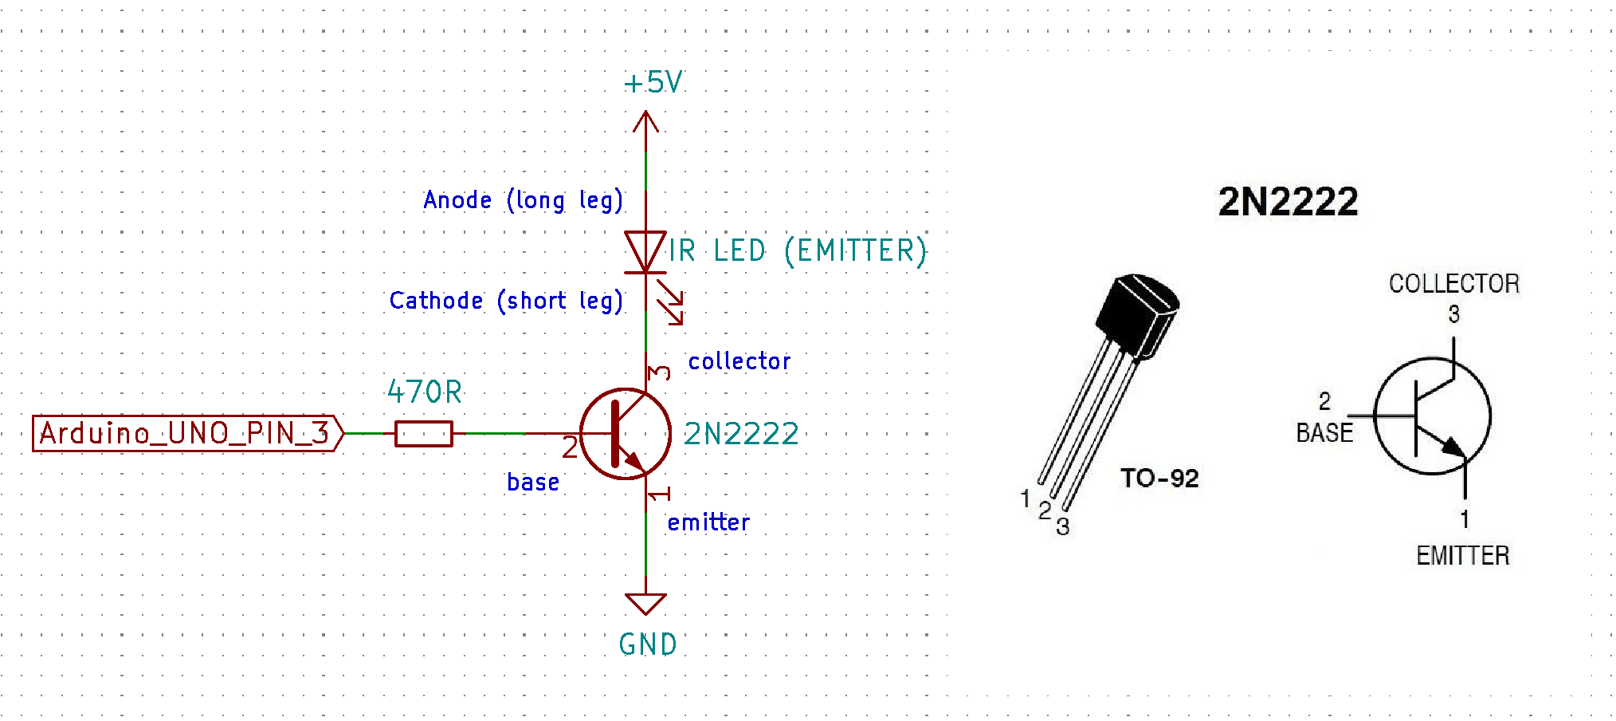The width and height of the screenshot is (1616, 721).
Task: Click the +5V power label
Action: (x=653, y=82)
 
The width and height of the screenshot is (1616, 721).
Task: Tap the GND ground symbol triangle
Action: (x=645, y=603)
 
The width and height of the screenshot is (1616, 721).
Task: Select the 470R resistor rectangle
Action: (x=424, y=434)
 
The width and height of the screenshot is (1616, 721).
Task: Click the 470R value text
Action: (x=425, y=392)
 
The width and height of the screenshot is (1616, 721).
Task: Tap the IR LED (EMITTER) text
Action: (x=797, y=251)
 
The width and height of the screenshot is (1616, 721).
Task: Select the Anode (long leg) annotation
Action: (x=523, y=200)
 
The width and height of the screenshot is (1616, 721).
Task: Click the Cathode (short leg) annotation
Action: (x=506, y=301)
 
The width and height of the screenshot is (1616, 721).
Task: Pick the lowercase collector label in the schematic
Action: (x=739, y=361)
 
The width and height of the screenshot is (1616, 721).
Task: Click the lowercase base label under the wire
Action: (x=533, y=483)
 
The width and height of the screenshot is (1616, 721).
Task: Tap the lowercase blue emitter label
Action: (x=708, y=522)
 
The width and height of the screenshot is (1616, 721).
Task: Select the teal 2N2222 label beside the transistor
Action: (x=741, y=434)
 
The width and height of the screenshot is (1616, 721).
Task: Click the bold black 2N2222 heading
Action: (x=1288, y=202)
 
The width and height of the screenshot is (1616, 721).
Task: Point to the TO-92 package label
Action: (x=1159, y=478)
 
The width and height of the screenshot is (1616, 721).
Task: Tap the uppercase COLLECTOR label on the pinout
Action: (x=1453, y=283)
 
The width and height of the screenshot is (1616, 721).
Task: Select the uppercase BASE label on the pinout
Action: (x=1324, y=433)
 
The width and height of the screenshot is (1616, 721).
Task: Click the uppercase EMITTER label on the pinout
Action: (x=1462, y=555)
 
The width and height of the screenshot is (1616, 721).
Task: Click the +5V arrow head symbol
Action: (x=645, y=121)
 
